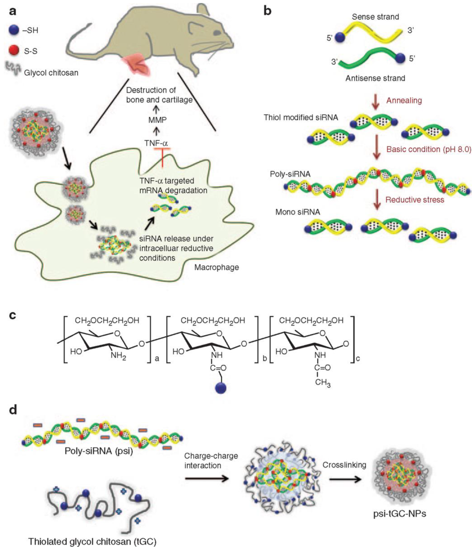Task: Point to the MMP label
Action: [x=157, y=120]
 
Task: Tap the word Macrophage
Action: [x=217, y=267]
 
